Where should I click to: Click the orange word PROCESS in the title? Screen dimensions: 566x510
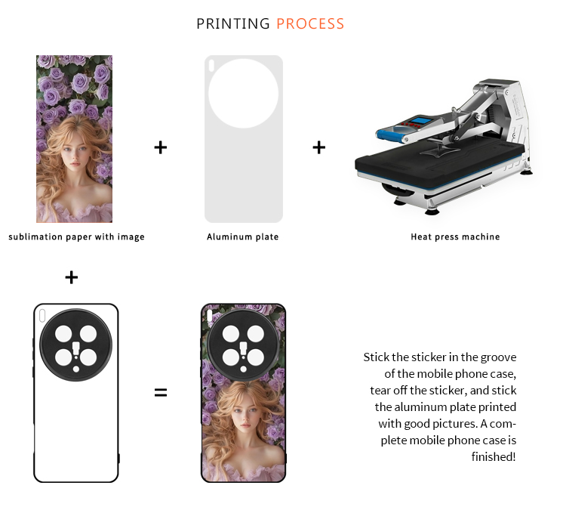(310, 24)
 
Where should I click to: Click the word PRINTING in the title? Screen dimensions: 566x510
(233, 24)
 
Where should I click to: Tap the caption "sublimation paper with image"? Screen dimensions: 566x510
(76, 236)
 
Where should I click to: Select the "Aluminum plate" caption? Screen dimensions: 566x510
(242, 236)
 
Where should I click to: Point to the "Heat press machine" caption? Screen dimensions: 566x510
(455, 236)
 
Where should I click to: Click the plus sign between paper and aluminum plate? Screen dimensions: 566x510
(161, 147)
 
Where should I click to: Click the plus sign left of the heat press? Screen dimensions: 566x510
(319, 147)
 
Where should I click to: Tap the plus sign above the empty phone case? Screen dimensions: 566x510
(72, 277)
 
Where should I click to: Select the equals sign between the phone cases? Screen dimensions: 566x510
(161, 392)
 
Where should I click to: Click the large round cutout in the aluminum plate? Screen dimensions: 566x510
(243, 93)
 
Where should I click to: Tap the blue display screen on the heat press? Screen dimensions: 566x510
(421, 120)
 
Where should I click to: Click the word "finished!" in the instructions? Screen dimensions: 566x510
(494, 457)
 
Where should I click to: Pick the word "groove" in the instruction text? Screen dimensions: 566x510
(498, 357)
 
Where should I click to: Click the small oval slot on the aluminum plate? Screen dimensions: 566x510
(211, 66)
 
